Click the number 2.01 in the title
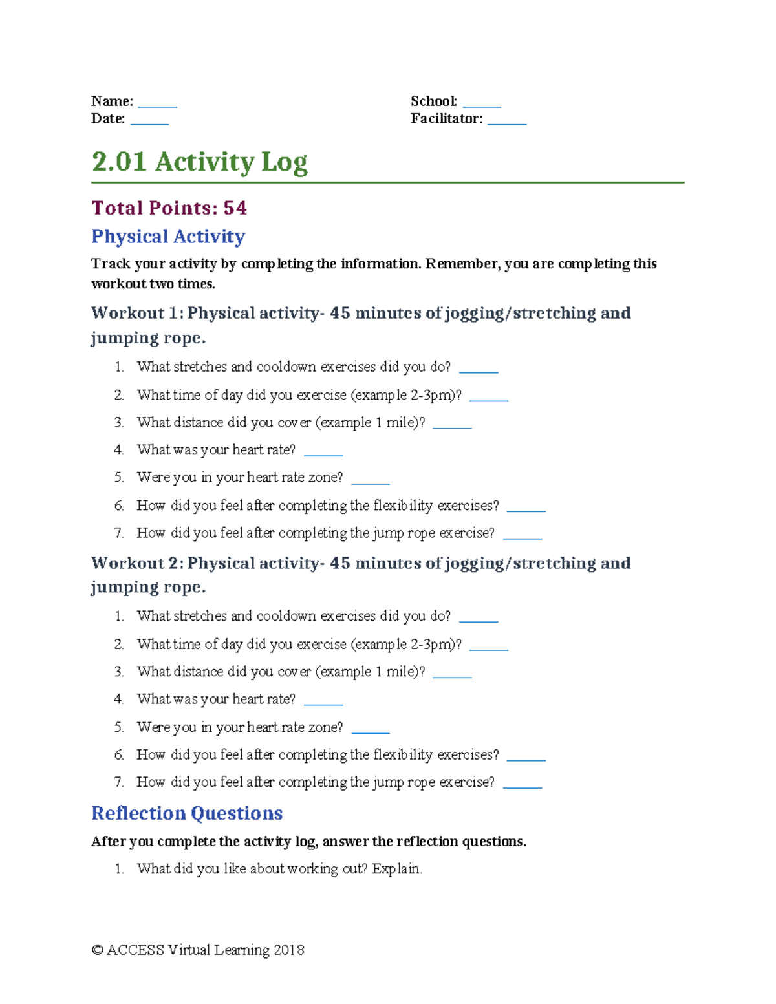pos(119,162)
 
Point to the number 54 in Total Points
pos(235,208)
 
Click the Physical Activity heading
pos(168,237)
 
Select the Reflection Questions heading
pos(187,813)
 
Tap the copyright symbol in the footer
pos(98,950)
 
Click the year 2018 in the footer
pos(288,950)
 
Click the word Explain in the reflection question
pos(396,869)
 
